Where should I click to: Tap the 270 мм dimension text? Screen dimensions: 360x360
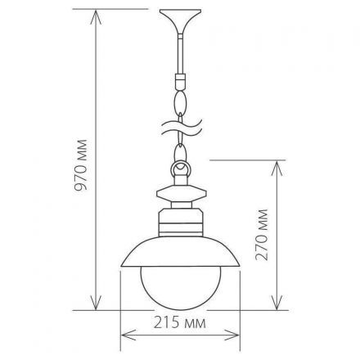coord(263,236)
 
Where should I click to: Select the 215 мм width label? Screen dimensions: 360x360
coord(180,322)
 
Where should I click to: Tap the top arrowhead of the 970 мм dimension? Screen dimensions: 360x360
coord(97,13)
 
